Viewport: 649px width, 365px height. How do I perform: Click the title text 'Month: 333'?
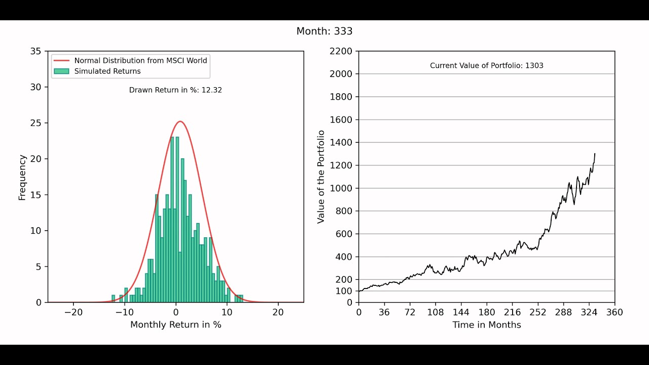click(324, 31)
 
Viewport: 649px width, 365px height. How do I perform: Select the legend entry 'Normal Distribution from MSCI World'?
click(140, 60)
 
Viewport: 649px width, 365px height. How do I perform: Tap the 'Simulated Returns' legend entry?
click(107, 71)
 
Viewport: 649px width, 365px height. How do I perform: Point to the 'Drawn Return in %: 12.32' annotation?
click(175, 90)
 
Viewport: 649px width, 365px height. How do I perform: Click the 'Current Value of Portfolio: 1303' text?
click(486, 65)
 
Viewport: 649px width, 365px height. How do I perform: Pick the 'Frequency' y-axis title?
click(22, 177)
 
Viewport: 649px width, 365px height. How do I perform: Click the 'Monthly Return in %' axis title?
click(175, 324)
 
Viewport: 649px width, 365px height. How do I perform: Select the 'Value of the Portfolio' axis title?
click(320, 177)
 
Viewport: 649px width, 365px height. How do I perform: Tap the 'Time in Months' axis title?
click(486, 324)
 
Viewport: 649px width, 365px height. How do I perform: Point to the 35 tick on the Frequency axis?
click(36, 51)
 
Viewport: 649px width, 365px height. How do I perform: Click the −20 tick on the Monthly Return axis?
click(73, 312)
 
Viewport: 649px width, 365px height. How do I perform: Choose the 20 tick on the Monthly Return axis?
click(278, 312)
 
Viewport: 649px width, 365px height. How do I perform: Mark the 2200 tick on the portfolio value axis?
click(341, 51)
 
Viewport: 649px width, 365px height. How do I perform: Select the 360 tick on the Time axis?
click(615, 312)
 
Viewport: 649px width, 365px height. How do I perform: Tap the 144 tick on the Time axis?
click(461, 312)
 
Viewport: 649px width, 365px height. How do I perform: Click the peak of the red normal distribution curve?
click(180, 122)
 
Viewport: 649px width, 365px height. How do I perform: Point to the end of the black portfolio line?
click(595, 154)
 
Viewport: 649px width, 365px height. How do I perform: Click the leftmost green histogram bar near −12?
click(114, 299)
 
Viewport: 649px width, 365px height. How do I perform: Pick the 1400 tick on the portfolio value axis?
click(341, 142)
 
